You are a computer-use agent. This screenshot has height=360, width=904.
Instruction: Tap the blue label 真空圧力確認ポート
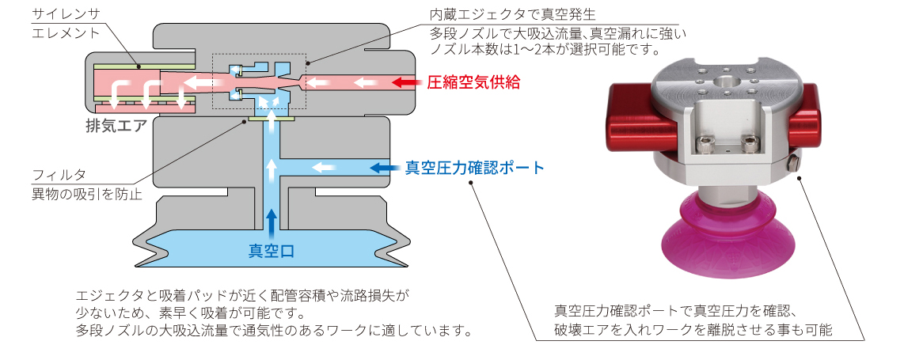pos(474,168)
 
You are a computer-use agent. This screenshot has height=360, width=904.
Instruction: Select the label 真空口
pos(272,251)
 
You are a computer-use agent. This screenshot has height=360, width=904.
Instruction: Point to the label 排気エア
pos(116,124)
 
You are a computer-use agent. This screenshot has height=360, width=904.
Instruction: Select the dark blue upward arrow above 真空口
pos(272,222)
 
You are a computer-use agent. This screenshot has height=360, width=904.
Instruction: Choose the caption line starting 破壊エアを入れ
pos(693,329)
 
